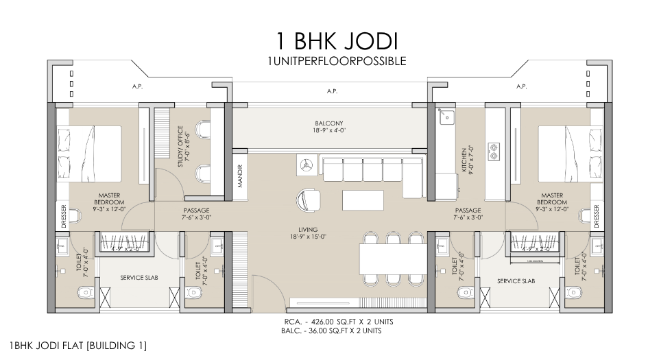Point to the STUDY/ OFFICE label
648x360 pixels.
click(x=181, y=146)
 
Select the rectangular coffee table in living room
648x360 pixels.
click(x=363, y=200)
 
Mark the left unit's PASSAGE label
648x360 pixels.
click(x=197, y=214)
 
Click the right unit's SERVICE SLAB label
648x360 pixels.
click(x=516, y=281)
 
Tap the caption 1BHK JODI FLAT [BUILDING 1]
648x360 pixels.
click(x=77, y=346)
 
